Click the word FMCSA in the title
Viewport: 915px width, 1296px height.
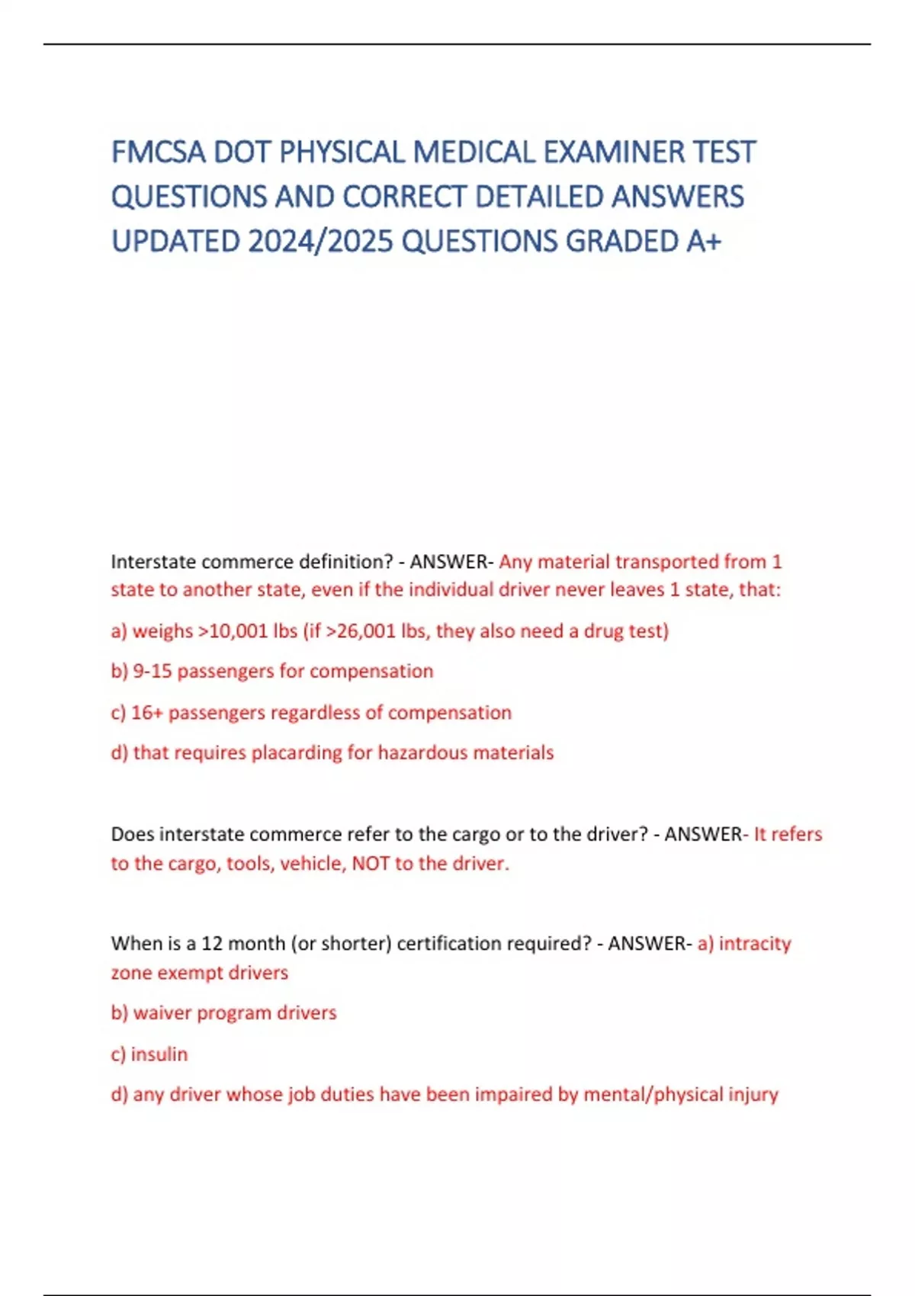[159, 152]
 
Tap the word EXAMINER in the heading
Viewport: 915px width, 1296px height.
[614, 152]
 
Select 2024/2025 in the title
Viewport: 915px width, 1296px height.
[320, 242]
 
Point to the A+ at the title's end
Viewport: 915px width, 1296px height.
[703, 242]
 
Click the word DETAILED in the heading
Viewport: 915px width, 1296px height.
[538, 197]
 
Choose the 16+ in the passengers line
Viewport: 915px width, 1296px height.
[143, 713]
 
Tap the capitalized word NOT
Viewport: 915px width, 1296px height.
[371, 864]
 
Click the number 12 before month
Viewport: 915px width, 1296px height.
[211, 944]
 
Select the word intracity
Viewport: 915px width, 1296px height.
[755, 944]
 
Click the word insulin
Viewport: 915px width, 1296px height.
[159, 1054]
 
